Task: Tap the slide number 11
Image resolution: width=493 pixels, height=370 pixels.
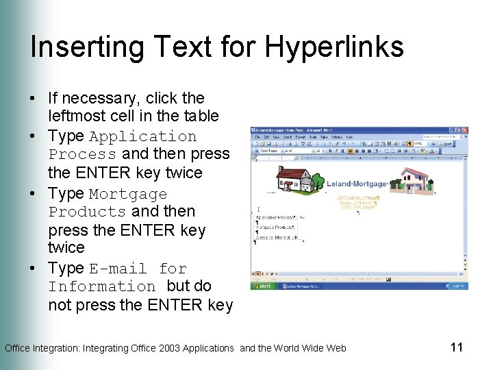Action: click(x=457, y=347)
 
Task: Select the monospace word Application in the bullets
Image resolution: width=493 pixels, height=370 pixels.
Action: click(x=142, y=136)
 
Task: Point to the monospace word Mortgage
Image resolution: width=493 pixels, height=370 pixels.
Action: click(x=128, y=194)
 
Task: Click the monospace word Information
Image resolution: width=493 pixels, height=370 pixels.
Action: click(x=102, y=286)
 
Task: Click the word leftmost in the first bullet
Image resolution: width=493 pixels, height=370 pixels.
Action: click(x=78, y=116)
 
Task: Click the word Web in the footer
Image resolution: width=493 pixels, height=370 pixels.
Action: click(x=336, y=348)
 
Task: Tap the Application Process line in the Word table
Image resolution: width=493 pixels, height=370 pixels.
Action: click(x=275, y=217)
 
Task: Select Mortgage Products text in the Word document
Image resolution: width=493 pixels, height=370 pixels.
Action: click(x=275, y=227)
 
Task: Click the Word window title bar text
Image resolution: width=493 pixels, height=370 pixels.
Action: click(x=291, y=130)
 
